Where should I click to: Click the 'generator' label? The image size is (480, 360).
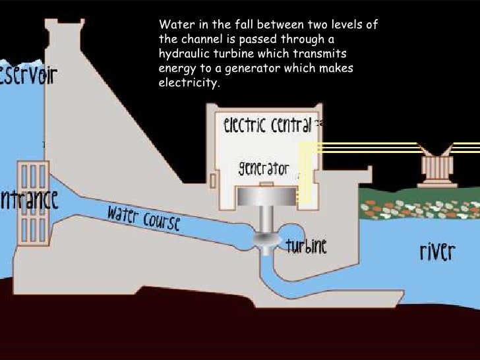coord(263,169)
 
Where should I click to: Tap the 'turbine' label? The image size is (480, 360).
coord(307,247)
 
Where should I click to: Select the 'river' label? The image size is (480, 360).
coord(437,251)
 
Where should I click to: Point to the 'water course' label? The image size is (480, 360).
coord(144,218)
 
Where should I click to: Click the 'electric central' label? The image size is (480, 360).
coord(268,125)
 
